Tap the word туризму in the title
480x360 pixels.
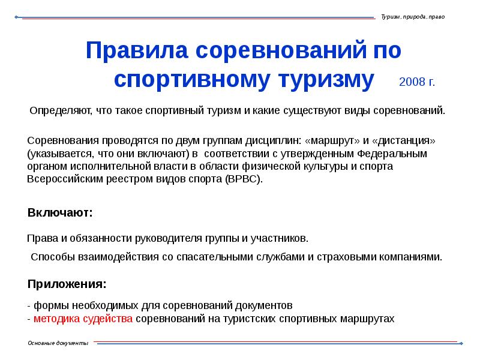point(325,80)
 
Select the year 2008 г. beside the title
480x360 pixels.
point(417,82)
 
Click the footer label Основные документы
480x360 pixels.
point(58,343)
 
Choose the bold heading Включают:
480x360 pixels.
point(60,212)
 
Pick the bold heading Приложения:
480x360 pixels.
point(68,283)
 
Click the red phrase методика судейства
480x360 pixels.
point(83,319)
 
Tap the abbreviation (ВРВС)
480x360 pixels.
point(244,179)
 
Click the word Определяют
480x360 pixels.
point(59,111)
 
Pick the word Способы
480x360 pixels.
point(53,257)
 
